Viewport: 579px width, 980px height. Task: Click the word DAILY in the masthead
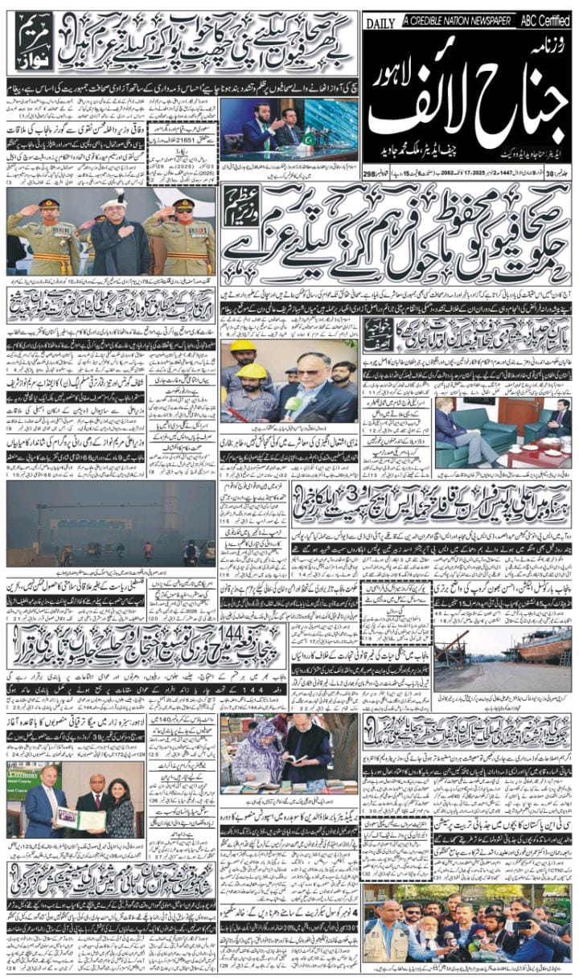[x=380, y=23]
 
